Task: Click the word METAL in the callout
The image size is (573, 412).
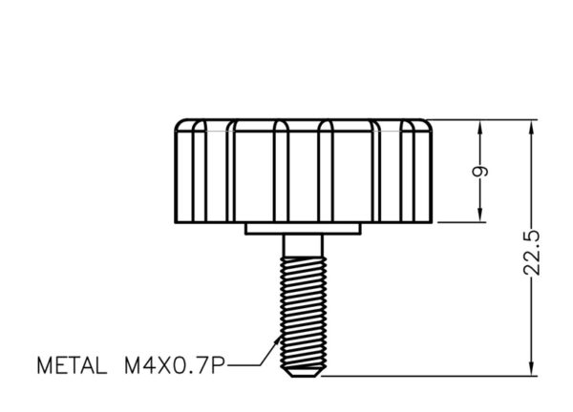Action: click(72, 365)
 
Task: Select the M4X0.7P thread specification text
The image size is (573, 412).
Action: click(175, 365)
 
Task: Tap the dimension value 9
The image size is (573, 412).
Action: click(480, 171)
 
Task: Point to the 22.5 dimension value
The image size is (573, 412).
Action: click(531, 253)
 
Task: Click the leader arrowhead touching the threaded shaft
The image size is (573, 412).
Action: click(277, 340)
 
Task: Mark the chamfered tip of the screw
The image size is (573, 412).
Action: click(302, 372)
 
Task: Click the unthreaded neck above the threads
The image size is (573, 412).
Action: click(303, 246)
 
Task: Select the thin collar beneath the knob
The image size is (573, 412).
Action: click(303, 229)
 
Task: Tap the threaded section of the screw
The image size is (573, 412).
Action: click(303, 312)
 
